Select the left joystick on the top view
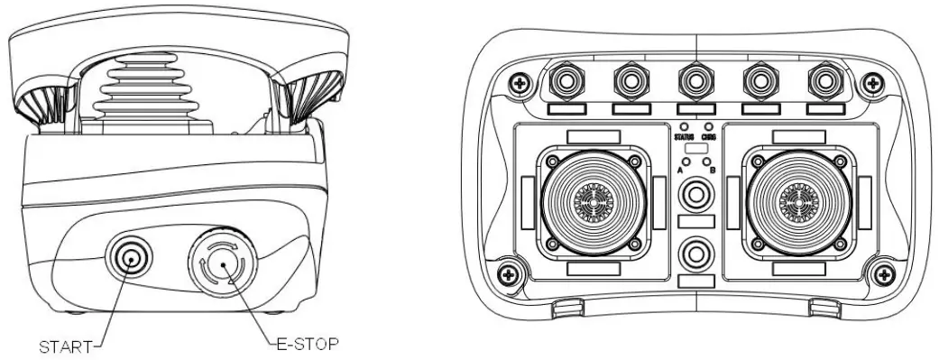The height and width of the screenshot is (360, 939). [x=592, y=199]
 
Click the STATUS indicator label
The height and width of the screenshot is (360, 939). [x=685, y=136]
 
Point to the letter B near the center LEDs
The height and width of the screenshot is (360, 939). [x=713, y=169]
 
